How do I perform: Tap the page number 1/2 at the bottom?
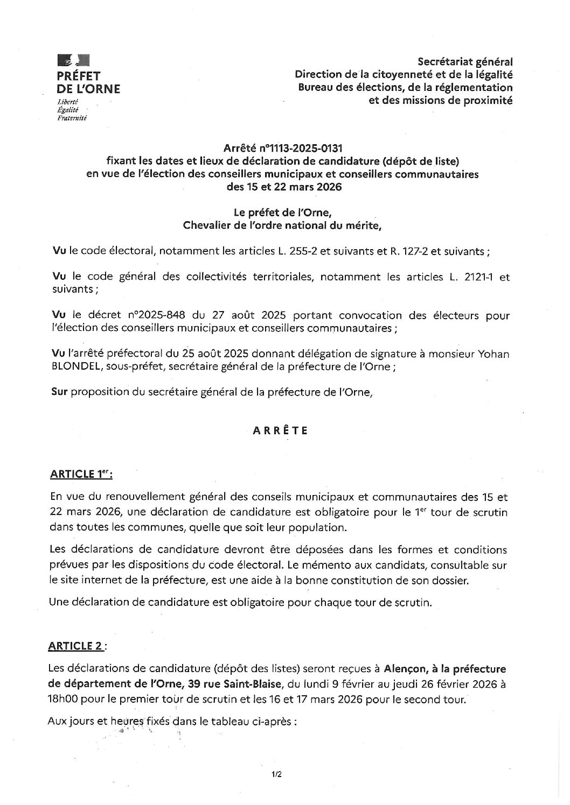click(277, 775)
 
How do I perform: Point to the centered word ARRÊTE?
click(280, 430)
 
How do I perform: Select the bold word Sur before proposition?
click(59, 392)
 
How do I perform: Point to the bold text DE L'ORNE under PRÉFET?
click(88, 89)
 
